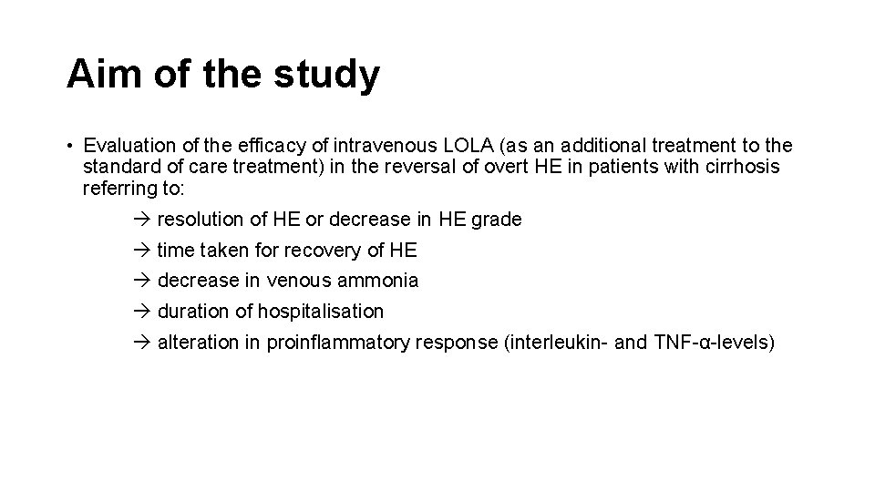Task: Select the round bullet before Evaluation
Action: click(x=69, y=146)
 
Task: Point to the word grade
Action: click(x=496, y=220)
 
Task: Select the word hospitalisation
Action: click(x=321, y=312)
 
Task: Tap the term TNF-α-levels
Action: click(x=712, y=343)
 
